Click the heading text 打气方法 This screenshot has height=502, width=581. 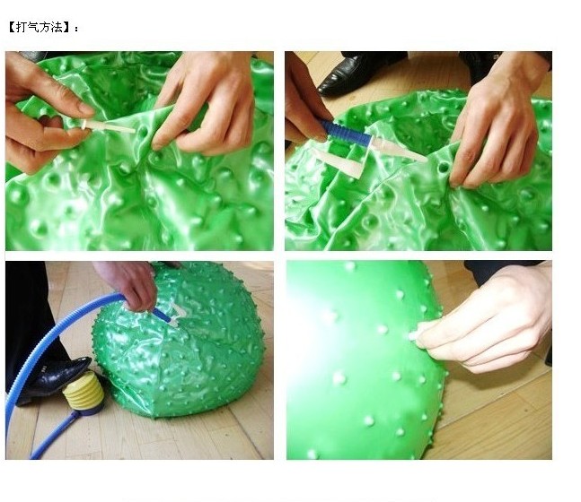tap(40, 28)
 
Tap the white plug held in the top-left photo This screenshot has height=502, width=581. tap(108, 125)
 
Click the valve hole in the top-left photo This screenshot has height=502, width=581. tap(143, 131)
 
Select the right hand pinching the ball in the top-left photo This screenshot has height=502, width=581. tap(205, 100)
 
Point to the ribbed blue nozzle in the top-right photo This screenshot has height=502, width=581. tap(346, 134)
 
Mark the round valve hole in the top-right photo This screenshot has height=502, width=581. tap(442, 169)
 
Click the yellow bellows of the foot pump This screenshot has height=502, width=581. tap(84, 390)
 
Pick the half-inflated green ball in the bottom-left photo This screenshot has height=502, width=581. tap(179, 341)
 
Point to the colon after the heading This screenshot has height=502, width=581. tap(76, 28)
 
